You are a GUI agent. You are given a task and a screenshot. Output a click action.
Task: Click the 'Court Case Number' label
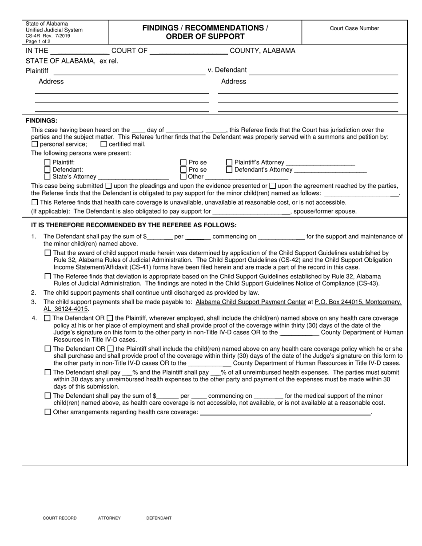(354, 28)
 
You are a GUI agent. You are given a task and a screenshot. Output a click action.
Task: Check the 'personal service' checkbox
(35, 144)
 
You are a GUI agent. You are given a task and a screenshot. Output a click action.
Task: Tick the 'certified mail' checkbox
(104, 144)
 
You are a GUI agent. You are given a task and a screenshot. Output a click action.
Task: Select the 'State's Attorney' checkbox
(48, 177)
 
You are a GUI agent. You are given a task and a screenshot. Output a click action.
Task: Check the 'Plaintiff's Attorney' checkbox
(229, 162)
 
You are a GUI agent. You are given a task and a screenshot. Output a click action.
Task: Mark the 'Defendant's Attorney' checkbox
(229, 170)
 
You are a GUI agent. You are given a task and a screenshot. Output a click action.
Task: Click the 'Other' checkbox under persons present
(183, 177)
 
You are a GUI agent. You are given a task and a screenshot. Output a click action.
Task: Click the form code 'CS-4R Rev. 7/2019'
(48, 36)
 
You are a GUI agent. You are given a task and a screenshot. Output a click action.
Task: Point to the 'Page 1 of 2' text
(38, 41)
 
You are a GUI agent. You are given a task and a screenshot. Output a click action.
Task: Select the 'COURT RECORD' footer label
(60, 518)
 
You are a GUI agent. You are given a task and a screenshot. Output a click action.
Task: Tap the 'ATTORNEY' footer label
(109, 518)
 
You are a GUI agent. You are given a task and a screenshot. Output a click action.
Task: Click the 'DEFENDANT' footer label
(159, 518)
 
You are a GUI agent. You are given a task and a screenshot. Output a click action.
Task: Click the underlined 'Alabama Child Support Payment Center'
(251, 302)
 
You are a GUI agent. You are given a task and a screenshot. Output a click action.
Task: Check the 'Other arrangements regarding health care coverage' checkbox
(48, 412)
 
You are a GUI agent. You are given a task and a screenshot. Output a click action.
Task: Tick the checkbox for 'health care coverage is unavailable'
(35, 202)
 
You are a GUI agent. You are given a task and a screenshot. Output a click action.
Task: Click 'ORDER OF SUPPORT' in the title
(205, 36)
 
